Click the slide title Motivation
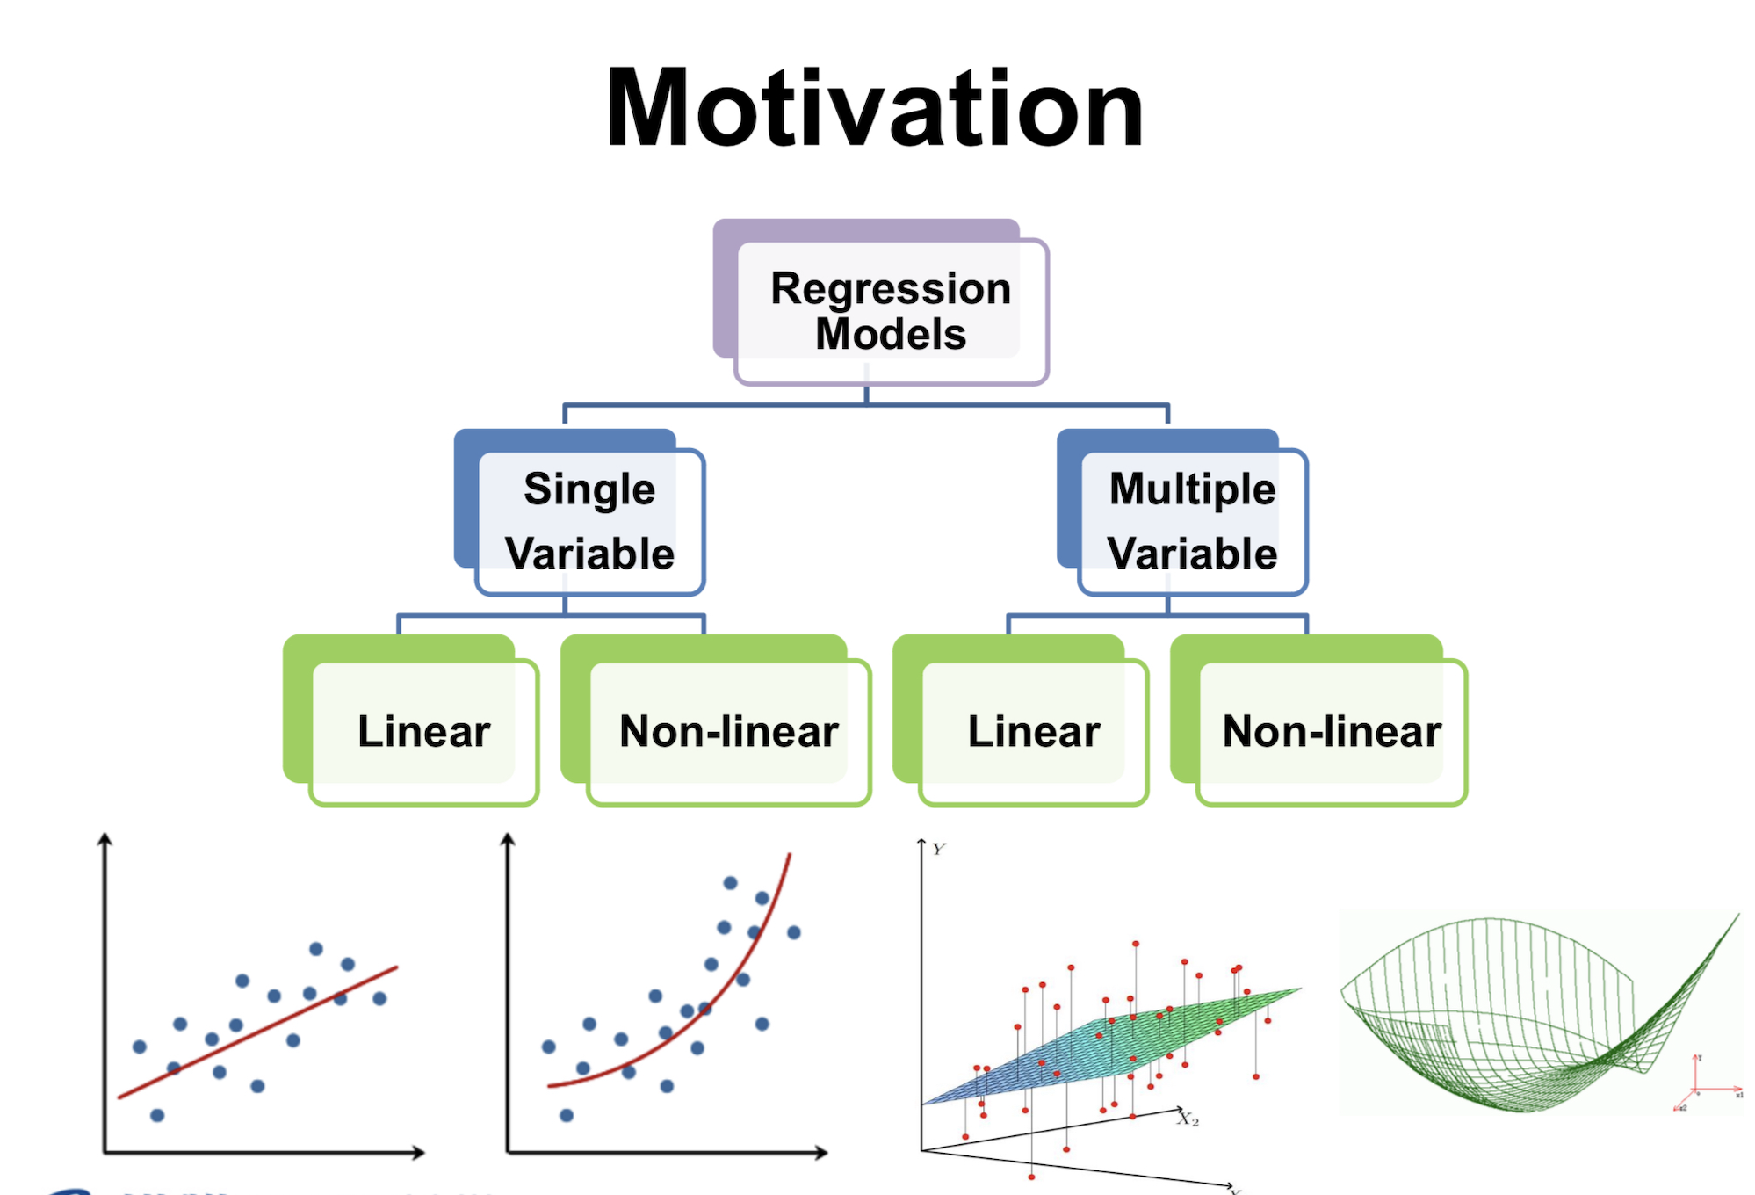click(875, 109)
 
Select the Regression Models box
click(890, 310)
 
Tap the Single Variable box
click(589, 521)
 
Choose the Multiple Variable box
click(1192, 521)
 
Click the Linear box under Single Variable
click(423, 731)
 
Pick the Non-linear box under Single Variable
click(728, 731)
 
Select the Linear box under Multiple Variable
click(1033, 731)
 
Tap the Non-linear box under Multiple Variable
click(1331, 731)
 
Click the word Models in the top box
click(890, 334)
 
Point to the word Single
click(589, 489)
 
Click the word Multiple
click(1192, 489)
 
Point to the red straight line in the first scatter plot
click(264, 1030)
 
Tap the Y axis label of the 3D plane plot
click(939, 849)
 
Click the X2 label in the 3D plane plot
click(1188, 1119)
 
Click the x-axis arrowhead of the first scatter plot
click(419, 1152)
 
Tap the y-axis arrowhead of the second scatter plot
click(508, 841)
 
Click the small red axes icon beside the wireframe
click(1700, 1085)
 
